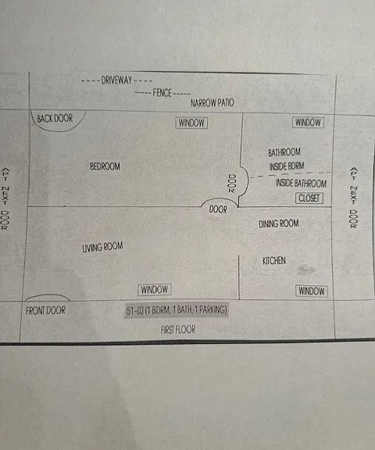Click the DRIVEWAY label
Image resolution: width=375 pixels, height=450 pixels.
tap(116, 80)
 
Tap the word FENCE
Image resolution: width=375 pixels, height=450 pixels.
tap(162, 93)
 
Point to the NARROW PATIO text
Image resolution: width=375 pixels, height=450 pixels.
tap(212, 103)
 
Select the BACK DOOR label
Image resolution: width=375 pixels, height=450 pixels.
tap(55, 118)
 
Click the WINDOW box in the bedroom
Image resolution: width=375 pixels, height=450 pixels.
tap(191, 123)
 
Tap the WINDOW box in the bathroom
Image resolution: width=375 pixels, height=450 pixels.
tap(308, 122)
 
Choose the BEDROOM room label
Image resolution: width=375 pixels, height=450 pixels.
tap(105, 166)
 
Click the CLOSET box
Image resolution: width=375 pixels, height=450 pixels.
tap(309, 198)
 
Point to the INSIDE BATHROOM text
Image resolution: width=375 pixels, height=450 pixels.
tap(302, 183)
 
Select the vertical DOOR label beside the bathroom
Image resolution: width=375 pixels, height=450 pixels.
tap(232, 184)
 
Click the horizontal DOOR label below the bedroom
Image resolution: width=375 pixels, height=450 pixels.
tap(218, 209)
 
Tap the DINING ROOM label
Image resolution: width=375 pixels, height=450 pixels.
tap(279, 223)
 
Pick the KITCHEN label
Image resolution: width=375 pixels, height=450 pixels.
tap(274, 261)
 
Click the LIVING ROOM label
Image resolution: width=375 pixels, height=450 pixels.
tap(102, 247)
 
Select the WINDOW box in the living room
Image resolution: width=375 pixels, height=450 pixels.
tap(155, 289)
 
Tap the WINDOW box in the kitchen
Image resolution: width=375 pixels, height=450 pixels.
tap(311, 291)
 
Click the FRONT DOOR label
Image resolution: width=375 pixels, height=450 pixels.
tap(45, 310)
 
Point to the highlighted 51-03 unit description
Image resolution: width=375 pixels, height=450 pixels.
tap(177, 310)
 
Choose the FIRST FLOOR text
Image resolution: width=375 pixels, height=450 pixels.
tap(178, 330)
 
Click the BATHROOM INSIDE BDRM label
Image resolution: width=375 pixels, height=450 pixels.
tap(286, 159)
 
